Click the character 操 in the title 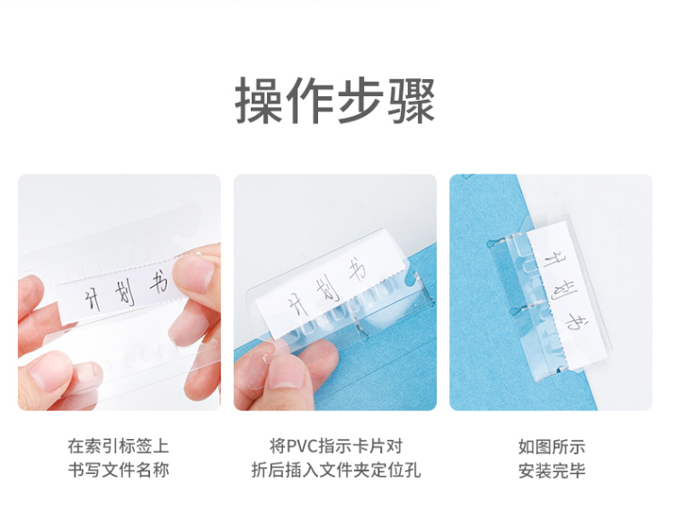[259, 101]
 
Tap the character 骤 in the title [412, 101]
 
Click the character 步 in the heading [360, 101]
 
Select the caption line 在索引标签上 [119, 446]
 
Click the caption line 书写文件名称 [119, 470]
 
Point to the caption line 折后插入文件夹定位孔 [336, 470]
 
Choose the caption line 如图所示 [552, 447]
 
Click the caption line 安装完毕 [552, 470]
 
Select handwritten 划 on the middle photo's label [328, 290]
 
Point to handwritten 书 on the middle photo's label [357, 270]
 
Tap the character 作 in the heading [310, 101]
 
